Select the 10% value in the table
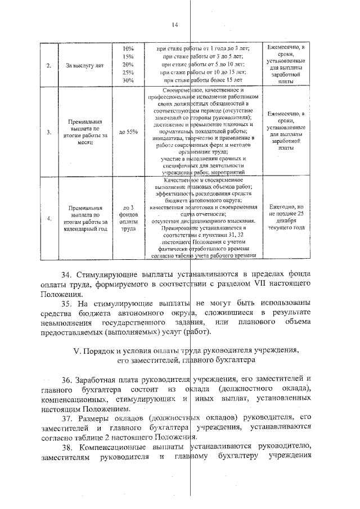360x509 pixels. [128, 49]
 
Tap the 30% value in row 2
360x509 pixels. [128, 80]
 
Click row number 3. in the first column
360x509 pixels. [49, 132]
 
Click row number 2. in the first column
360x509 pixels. [49, 65]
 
